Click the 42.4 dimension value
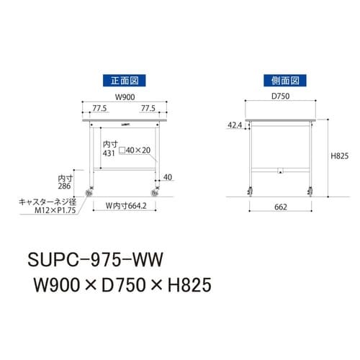[x=234, y=125]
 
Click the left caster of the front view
[x=91, y=191]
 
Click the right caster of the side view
[x=311, y=191]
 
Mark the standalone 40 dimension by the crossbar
[x=168, y=175]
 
